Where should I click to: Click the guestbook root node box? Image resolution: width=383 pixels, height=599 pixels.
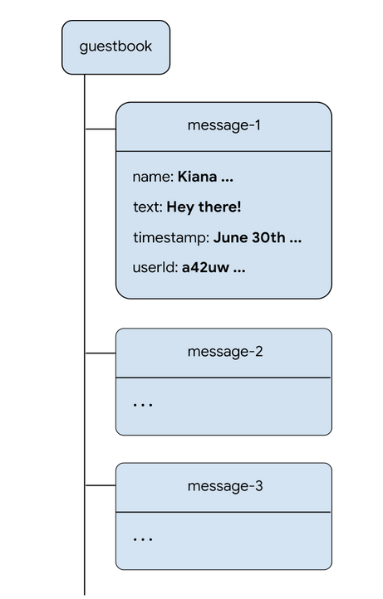pyautogui.click(x=115, y=47)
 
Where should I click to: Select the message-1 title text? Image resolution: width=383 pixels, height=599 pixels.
pyautogui.click(x=224, y=125)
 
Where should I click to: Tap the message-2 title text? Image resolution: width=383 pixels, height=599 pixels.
pyautogui.click(x=225, y=351)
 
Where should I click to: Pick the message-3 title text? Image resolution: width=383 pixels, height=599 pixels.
pyautogui.click(x=225, y=485)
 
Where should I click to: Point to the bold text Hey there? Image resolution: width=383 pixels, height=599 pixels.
pyautogui.click(x=204, y=207)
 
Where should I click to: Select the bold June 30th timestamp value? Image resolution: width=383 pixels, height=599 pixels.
pyautogui.click(x=257, y=238)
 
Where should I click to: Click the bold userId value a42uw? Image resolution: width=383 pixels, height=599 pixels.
pyautogui.click(x=213, y=268)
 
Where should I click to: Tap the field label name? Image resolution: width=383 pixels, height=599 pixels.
pyautogui.click(x=153, y=177)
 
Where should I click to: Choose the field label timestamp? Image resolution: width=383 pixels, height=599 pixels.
pyautogui.click(x=170, y=238)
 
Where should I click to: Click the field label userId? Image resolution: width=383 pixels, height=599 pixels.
pyautogui.click(x=155, y=268)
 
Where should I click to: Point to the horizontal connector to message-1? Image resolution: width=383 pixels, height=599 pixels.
pyautogui.click(x=100, y=129)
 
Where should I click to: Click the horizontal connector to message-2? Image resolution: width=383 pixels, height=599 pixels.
pyautogui.click(x=100, y=353)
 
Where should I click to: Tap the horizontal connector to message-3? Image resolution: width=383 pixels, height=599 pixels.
pyautogui.click(x=100, y=485)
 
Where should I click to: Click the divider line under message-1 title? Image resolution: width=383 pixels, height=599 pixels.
pyautogui.click(x=223, y=152)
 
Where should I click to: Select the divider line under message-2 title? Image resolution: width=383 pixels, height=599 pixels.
pyautogui.click(x=223, y=377)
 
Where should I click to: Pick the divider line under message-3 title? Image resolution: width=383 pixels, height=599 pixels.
pyautogui.click(x=223, y=512)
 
